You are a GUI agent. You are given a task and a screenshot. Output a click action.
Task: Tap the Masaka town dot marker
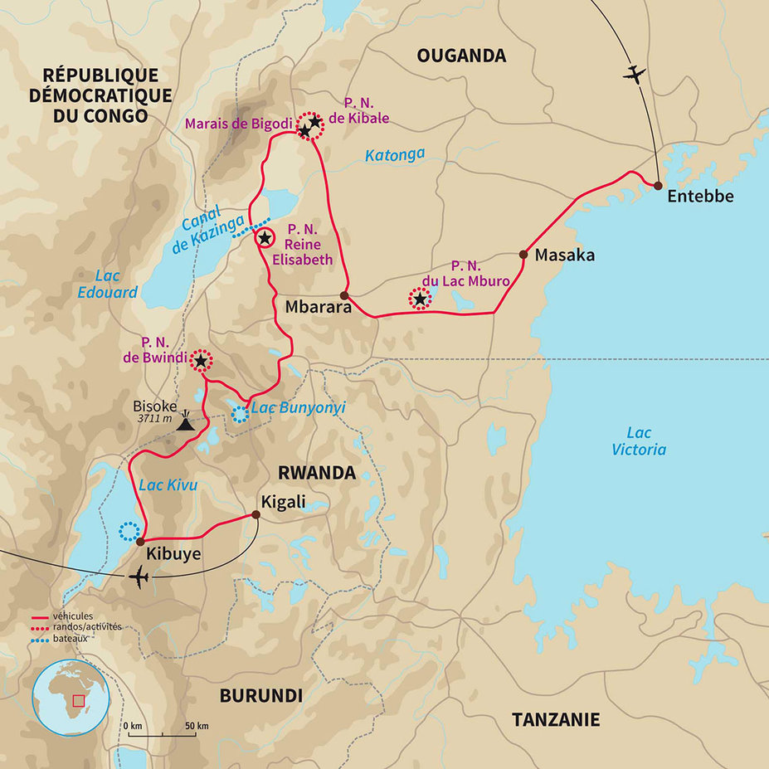523,255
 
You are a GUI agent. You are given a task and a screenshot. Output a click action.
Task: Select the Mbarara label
319,306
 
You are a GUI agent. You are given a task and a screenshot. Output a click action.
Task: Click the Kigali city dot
256,515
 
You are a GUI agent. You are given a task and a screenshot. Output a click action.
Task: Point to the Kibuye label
173,553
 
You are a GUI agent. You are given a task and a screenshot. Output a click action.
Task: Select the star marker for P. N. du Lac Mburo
421,299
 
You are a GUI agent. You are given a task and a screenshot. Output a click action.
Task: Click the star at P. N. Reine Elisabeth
265,239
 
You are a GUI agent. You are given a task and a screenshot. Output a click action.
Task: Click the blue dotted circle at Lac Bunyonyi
240,413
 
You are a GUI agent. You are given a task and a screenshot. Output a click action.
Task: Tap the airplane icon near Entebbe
635,75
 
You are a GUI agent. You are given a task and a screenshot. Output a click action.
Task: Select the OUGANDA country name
461,56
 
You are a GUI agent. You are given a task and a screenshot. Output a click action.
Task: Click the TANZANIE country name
555,718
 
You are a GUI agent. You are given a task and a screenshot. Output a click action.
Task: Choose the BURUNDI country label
261,695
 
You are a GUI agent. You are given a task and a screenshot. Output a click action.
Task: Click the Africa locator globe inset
71,698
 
